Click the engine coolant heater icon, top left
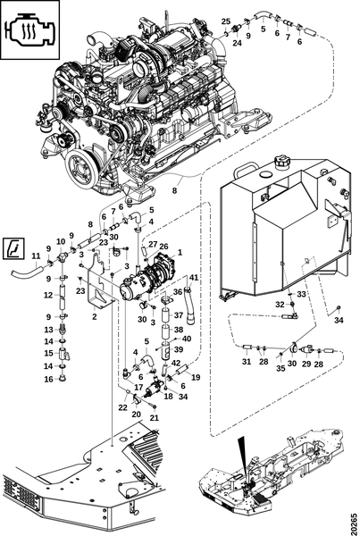pyautogui.click(x=30, y=30)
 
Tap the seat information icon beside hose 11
pyautogui.click(x=13, y=247)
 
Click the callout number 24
pyautogui.click(x=238, y=43)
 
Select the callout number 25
pyautogui.click(x=226, y=21)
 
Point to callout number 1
pyautogui.click(x=180, y=253)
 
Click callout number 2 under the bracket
pyautogui.click(x=95, y=316)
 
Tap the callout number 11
pyautogui.click(x=36, y=255)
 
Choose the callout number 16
pyautogui.click(x=49, y=379)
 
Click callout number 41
pyautogui.click(x=194, y=278)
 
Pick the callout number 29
pyautogui.click(x=306, y=364)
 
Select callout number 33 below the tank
pyautogui.click(x=301, y=294)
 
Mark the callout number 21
pyautogui.click(x=155, y=418)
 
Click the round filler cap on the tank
pyautogui.click(x=282, y=161)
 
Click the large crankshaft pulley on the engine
pyautogui.click(x=81, y=169)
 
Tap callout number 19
pyautogui.click(x=196, y=377)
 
